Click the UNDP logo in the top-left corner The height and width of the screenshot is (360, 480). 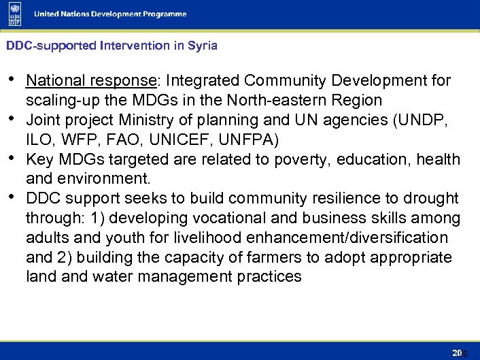14,14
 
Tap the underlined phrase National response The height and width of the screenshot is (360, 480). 91,81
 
